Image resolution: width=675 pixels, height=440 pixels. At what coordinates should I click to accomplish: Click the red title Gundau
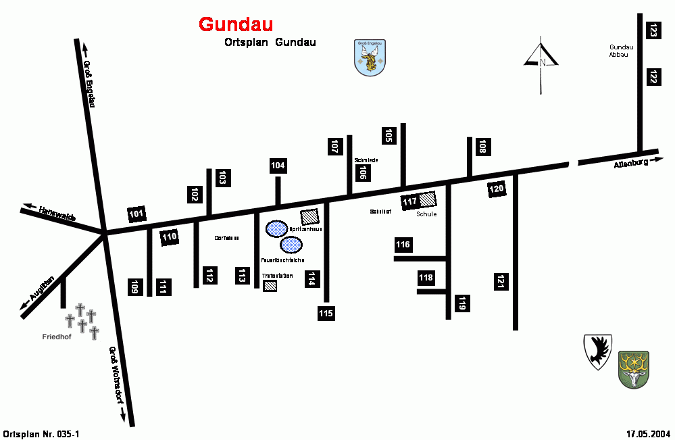(x=236, y=24)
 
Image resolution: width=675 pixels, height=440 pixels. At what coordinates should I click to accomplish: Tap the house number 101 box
(x=136, y=215)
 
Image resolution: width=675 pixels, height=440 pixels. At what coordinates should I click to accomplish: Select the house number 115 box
(x=326, y=313)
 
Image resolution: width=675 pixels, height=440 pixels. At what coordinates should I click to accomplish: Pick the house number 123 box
(x=653, y=30)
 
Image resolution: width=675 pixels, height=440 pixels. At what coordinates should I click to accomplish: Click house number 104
(x=278, y=166)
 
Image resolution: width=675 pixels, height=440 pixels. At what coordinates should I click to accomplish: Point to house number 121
(x=501, y=282)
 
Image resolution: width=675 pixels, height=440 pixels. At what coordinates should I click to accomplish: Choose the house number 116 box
(x=403, y=244)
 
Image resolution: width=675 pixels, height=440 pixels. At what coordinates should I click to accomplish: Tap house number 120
(x=497, y=189)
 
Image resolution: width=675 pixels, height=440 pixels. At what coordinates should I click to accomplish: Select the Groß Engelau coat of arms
(x=370, y=59)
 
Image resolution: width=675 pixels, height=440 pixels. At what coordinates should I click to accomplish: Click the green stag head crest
(x=633, y=370)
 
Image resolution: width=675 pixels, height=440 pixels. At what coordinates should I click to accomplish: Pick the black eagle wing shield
(x=597, y=351)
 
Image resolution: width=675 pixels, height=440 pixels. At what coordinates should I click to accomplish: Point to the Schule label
(x=426, y=214)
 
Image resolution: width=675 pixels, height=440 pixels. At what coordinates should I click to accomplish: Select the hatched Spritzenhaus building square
(x=310, y=216)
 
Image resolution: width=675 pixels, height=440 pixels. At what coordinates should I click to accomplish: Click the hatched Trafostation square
(x=270, y=285)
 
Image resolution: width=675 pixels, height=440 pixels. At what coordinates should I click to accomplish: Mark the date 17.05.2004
(x=647, y=433)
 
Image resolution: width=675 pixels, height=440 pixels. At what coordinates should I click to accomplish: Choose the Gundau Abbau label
(x=619, y=51)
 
